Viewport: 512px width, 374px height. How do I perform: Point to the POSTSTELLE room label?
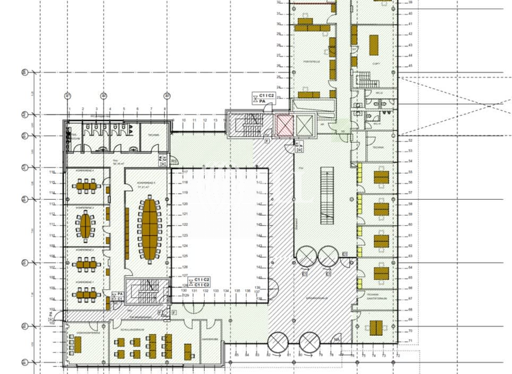[x=311, y=61]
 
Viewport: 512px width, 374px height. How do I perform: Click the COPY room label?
[x=376, y=63]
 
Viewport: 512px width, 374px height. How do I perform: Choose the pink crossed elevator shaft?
[x=285, y=124]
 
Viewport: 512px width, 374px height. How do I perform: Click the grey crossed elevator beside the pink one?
[x=303, y=124]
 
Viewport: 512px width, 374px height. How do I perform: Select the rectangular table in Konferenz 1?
[x=86, y=292]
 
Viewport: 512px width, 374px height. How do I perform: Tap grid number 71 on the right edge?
[x=411, y=341]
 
